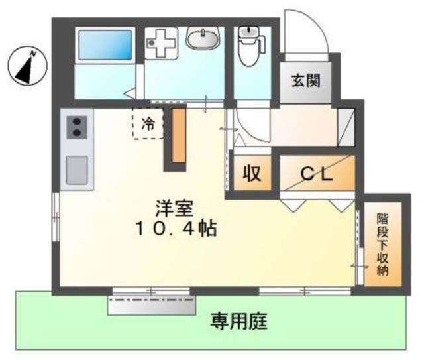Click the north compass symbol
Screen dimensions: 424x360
pos(27,66)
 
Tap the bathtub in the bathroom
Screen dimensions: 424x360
pos(105,45)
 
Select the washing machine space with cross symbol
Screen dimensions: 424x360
pos(161,43)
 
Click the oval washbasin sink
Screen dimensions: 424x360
pos(202,38)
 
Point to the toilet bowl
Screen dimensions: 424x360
pos(252,46)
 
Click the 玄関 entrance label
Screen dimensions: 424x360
pos(306,80)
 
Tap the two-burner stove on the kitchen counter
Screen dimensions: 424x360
pos(77,127)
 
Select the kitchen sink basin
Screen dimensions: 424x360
pos(77,170)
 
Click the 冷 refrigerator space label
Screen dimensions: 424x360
pos(148,125)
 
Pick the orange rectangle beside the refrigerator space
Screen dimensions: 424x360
pos(179,135)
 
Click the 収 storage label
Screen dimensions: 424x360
pos(252,173)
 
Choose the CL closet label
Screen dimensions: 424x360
pos(317,174)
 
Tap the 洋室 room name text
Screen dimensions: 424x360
pos(174,208)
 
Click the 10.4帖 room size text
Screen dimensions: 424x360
pos(176,229)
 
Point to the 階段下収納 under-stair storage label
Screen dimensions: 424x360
pos(383,244)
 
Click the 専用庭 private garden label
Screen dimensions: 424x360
pos(239,321)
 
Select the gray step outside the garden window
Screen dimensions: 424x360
pos(152,306)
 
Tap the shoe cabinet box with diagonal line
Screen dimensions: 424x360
pos(346,127)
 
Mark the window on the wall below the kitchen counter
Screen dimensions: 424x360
pos(56,217)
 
